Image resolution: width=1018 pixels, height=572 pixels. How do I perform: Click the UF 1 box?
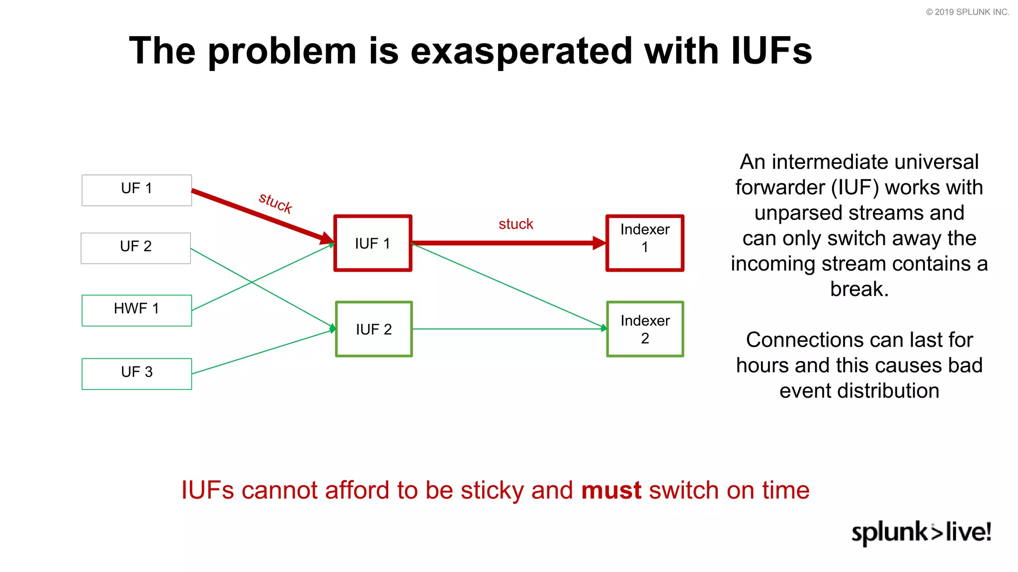(137, 190)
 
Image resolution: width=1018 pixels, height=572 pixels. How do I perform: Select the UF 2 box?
(136, 248)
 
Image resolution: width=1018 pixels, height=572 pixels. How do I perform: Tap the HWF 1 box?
(137, 310)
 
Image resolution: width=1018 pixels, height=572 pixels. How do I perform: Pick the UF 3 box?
(137, 373)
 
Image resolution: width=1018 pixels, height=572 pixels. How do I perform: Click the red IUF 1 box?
(373, 243)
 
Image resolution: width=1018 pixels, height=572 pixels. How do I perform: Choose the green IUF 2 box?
(374, 329)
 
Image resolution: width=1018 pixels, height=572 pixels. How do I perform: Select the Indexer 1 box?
(645, 243)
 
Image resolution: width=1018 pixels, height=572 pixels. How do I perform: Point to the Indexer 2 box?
(645, 329)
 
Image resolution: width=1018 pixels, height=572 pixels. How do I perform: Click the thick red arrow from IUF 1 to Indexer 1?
(507, 243)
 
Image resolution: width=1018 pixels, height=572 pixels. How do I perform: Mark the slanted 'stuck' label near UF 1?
(275, 203)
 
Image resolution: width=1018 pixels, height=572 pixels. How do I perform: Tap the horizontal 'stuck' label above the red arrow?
(516, 224)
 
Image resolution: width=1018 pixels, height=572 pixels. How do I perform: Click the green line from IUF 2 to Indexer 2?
(507, 329)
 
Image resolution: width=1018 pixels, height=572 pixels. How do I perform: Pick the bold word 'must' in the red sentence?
(611, 491)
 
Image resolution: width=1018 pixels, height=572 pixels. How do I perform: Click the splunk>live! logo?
(921, 532)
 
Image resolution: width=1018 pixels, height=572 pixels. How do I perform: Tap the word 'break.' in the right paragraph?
(859, 289)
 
